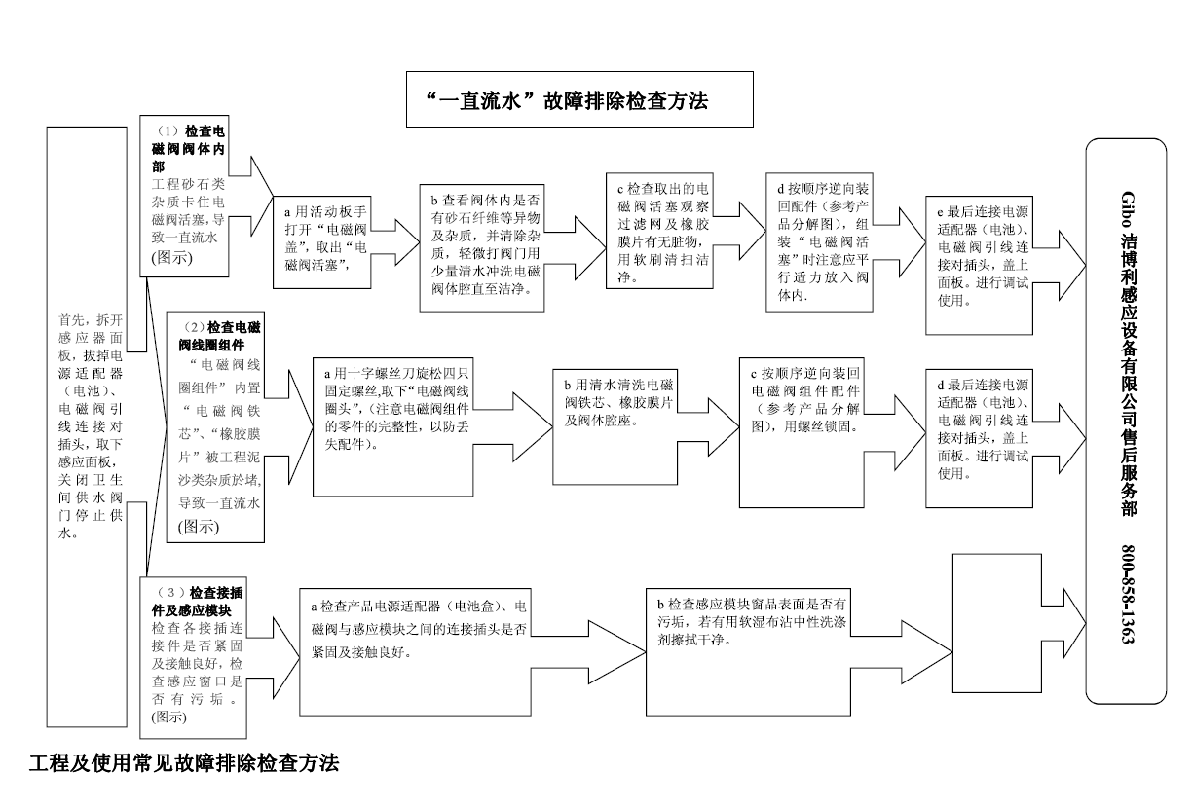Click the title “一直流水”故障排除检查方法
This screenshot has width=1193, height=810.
click(x=579, y=99)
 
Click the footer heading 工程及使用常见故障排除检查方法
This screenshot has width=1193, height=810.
click(x=184, y=763)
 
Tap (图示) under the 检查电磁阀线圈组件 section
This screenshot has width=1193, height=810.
click(x=200, y=527)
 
